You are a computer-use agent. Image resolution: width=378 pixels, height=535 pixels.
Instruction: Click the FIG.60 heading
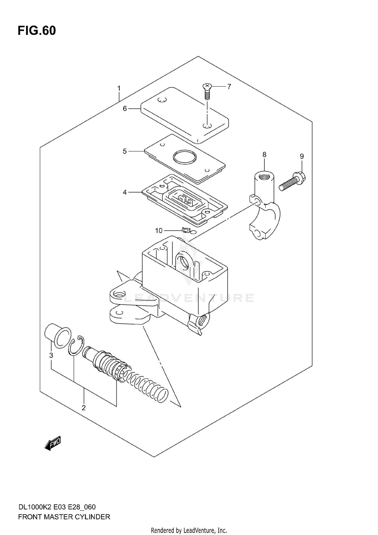pyautogui.click(x=37, y=31)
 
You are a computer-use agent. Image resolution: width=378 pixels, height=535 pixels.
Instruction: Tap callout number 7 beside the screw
pyautogui.click(x=229, y=87)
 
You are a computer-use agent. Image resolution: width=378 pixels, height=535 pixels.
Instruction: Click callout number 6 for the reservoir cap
pyautogui.click(x=125, y=109)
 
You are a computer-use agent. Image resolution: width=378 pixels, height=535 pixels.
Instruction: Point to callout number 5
pyautogui.click(x=125, y=151)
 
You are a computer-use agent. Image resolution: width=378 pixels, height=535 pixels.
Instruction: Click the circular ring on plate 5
pyautogui.click(x=184, y=157)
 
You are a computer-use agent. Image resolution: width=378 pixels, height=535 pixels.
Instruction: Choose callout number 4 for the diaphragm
pyautogui.click(x=125, y=192)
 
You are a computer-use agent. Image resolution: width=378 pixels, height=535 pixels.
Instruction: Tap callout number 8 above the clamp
pyautogui.click(x=264, y=155)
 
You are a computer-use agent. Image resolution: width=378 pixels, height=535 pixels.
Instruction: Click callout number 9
pyautogui.click(x=302, y=156)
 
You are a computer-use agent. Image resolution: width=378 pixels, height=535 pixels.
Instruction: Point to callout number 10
pyautogui.click(x=159, y=231)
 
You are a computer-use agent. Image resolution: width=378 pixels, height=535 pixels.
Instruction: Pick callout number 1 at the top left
pyautogui.click(x=119, y=89)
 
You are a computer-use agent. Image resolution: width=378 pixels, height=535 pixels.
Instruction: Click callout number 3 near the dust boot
pyautogui.click(x=51, y=355)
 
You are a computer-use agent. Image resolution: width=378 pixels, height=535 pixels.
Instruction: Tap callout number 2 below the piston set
pyautogui.click(x=84, y=408)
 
